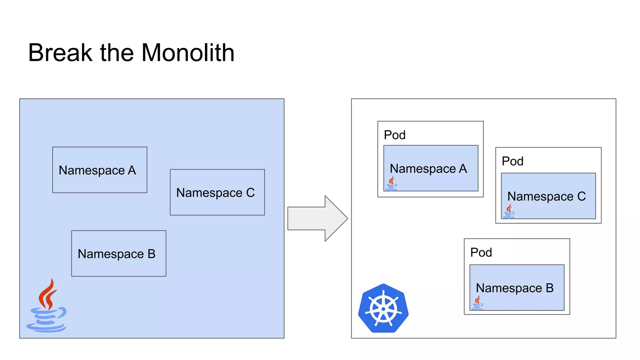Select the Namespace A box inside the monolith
click(x=100, y=170)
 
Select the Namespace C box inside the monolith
click(x=217, y=192)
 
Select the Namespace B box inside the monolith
click(x=119, y=253)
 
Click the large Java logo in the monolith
click(x=47, y=306)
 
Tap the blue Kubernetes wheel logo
click(x=383, y=309)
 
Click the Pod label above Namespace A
click(x=395, y=135)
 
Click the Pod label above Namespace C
click(x=512, y=161)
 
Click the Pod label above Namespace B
click(x=481, y=252)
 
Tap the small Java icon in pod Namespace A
click(x=392, y=183)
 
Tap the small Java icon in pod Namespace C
click(x=509, y=211)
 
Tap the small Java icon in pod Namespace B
click(x=477, y=303)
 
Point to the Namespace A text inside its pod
click(x=428, y=169)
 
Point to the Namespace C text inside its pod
click(x=547, y=197)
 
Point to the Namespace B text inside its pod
click(x=515, y=288)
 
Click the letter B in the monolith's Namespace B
click(x=152, y=254)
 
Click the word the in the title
click(x=117, y=53)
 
